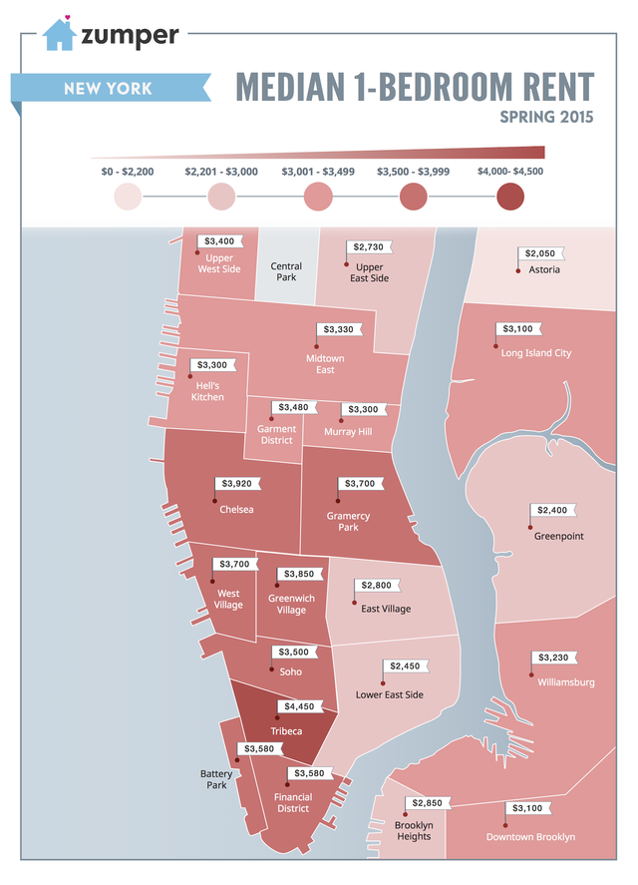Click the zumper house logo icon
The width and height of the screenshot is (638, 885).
pyautogui.click(x=59, y=35)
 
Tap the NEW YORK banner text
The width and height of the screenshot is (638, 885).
pyautogui.click(x=108, y=89)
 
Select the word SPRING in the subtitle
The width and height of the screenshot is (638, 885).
pyautogui.click(x=528, y=117)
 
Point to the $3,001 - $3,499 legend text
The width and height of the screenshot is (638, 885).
pyautogui.click(x=317, y=172)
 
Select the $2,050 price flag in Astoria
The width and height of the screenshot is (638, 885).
pyautogui.click(x=538, y=253)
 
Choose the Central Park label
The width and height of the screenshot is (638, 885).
pyautogui.click(x=286, y=271)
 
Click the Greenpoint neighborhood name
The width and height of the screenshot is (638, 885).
pyautogui.click(x=558, y=536)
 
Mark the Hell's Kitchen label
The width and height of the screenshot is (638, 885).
pyautogui.click(x=207, y=391)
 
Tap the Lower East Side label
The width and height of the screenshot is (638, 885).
pyautogui.click(x=389, y=694)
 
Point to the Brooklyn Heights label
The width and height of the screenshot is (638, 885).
pyautogui.click(x=413, y=830)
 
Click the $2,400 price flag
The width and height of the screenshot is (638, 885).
pyautogui.click(x=551, y=510)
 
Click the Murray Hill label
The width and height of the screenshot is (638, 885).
pyautogui.click(x=349, y=432)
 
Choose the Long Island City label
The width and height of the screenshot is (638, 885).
pyautogui.click(x=536, y=353)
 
